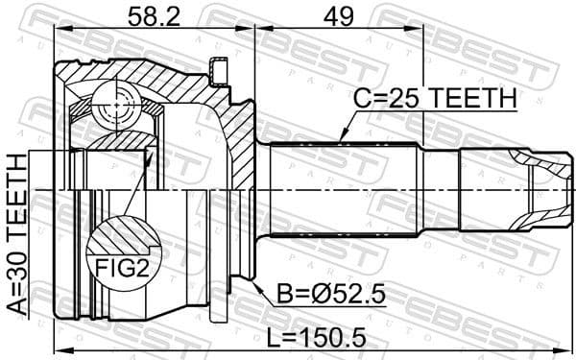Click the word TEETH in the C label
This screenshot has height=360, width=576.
(x=472, y=100)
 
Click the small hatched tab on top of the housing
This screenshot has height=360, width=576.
(x=220, y=70)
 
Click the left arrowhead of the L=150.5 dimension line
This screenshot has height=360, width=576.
(x=59, y=348)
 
